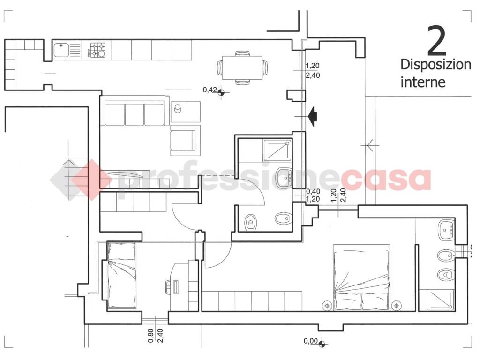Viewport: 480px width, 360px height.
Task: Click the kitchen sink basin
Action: (61, 50)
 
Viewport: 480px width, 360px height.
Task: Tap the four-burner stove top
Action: (97, 50)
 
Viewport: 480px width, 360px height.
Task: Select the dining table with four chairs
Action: (242, 67)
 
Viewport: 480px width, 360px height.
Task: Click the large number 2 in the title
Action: (437, 41)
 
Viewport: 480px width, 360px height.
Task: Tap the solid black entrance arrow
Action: (313, 116)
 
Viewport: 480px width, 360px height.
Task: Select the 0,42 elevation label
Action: (210, 90)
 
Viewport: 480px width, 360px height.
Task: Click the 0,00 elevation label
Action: (311, 341)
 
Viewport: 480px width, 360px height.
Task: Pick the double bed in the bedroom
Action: (361, 277)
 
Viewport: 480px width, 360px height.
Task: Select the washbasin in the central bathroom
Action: (285, 177)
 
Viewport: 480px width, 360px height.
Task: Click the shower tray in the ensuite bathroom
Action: (440, 300)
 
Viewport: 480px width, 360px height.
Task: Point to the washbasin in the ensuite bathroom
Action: (446, 230)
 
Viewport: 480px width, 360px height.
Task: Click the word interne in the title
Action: (423, 82)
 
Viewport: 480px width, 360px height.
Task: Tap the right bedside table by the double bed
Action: (397, 305)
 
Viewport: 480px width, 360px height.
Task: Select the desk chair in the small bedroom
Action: (170, 287)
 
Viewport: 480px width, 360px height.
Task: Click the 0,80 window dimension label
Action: (150, 336)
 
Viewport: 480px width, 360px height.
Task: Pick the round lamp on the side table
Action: (178, 108)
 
